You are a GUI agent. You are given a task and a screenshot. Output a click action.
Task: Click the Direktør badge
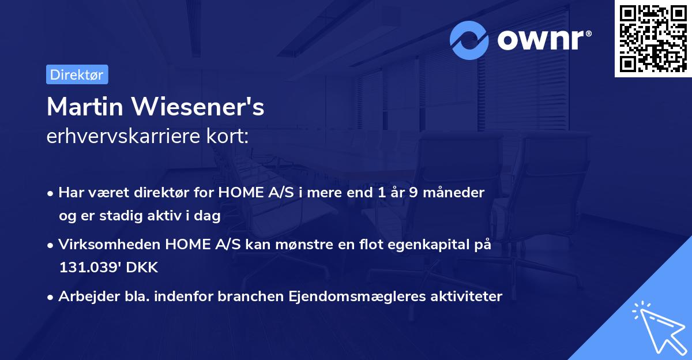pos(77,74)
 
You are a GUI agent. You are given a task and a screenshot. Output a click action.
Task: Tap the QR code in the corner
pos(653,39)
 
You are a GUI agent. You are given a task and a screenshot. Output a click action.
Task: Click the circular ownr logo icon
pos(469,40)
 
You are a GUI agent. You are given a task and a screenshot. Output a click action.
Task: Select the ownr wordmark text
pos(544,40)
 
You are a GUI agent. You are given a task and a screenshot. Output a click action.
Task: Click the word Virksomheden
pos(110,245)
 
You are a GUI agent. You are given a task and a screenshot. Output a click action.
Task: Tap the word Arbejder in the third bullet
pos(84,297)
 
